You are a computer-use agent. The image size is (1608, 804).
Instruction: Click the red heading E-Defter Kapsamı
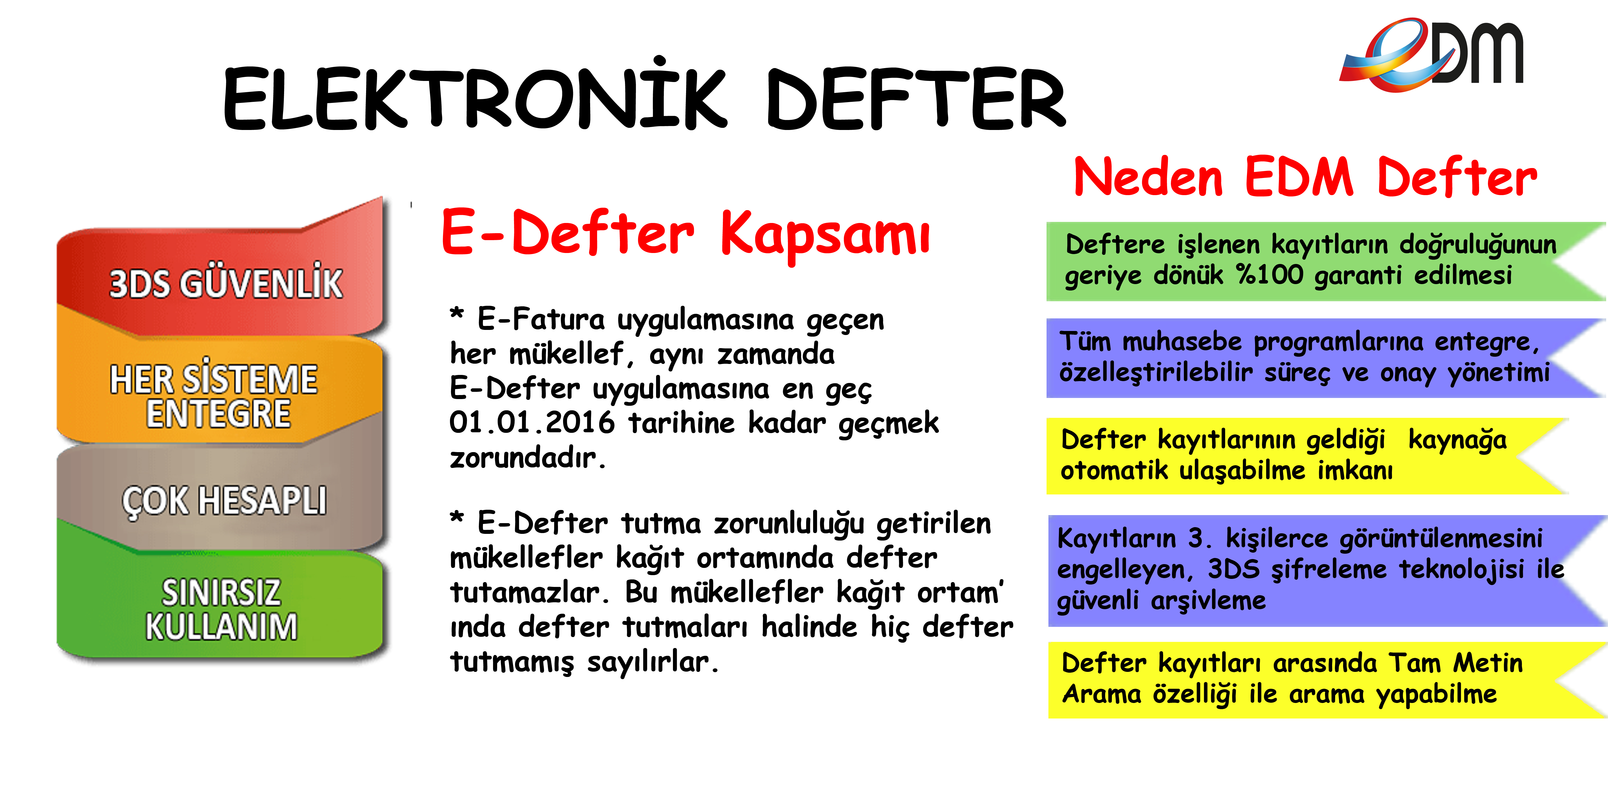click(x=685, y=234)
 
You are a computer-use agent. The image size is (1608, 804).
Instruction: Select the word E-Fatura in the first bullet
click(x=541, y=320)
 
